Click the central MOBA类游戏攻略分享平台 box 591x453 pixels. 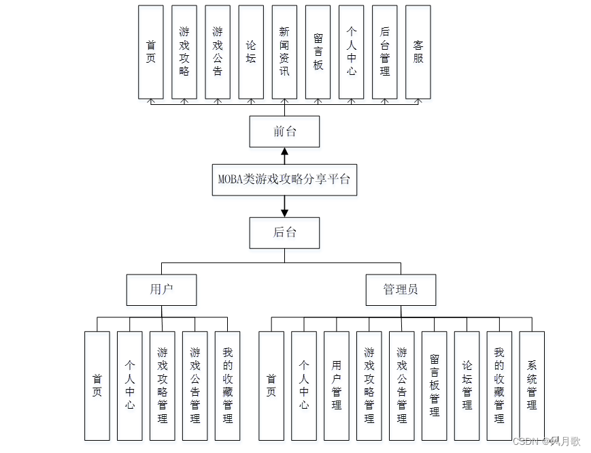coord(284,180)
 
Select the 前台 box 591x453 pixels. coord(284,131)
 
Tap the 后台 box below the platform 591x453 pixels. coord(284,232)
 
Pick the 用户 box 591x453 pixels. coord(161,290)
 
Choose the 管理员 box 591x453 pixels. coord(401,290)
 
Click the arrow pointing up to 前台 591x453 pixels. coord(284,155)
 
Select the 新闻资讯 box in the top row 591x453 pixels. coord(284,52)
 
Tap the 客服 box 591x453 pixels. coord(418,52)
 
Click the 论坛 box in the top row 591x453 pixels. coord(251,52)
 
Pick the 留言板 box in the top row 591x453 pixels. coord(318,52)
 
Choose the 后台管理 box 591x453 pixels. coord(385,52)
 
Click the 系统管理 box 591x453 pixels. coord(532,386)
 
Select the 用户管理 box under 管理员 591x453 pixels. coord(337,386)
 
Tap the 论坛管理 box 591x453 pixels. coord(467,386)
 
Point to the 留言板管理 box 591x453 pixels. coord(434,386)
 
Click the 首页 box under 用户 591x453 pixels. coord(97,386)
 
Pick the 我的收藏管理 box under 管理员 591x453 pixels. coord(499,386)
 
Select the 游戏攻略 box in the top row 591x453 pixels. coord(184,52)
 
